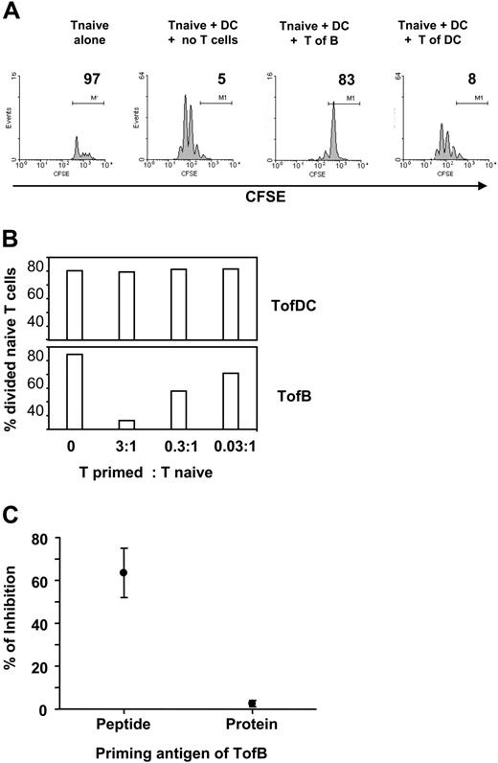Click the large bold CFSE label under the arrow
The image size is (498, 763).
(251, 204)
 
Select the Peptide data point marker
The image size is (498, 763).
(123, 572)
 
